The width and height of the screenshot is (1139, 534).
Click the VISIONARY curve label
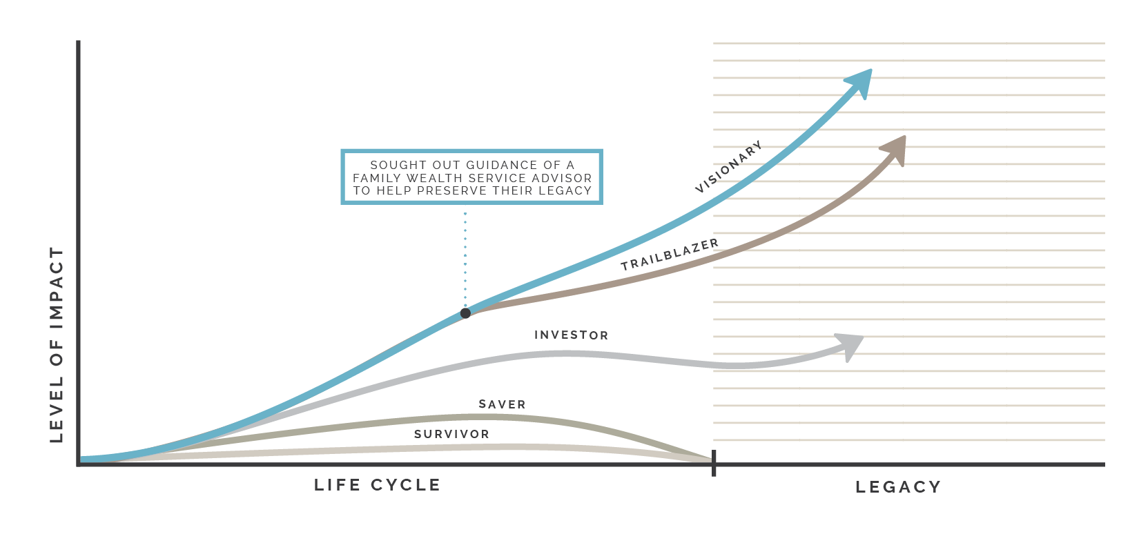(x=729, y=167)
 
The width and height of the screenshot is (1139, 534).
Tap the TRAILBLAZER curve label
(x=670, y=255)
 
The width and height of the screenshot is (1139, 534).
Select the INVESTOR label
(x=571, y=335)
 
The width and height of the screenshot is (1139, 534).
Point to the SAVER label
(x=502, y=404)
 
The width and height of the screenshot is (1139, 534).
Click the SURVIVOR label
(x=451, y=434)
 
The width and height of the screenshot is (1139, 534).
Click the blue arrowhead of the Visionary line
(x=862, y=81)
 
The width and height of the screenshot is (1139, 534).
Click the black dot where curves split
(x=465, y=313)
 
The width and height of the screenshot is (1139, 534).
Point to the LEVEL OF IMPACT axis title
(x=57, y=345)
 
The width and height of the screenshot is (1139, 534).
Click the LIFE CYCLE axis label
(x=377, y=485)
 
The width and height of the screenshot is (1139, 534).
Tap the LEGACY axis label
(x=897, y=487)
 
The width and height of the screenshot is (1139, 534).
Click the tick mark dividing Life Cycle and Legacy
(x=714, y=463)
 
